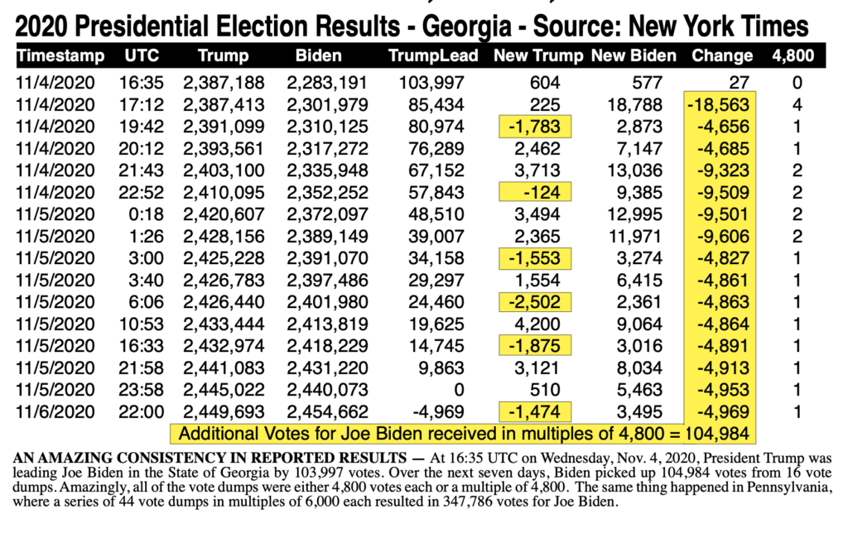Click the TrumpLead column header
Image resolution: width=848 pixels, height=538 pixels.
(432, 55)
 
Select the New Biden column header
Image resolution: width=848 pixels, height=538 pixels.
(634, 55)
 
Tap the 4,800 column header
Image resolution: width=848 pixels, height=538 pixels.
(793, 55)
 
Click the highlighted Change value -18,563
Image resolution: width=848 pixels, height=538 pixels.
(718, 104)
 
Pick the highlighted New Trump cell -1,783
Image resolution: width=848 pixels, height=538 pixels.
(535, 127)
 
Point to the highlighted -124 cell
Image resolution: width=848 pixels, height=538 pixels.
(535, 192)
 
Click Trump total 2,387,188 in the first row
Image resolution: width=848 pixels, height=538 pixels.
(224, 83)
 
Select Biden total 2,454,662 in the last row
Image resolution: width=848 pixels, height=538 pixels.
(327, 411)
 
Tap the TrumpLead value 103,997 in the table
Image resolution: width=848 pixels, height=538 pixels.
(431, 83)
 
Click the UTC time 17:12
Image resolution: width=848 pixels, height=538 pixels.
(141, 104)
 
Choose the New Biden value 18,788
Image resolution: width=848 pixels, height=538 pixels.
(634, 104)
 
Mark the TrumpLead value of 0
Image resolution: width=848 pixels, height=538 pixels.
(459, 390)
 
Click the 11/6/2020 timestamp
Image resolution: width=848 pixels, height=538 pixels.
(55, 411)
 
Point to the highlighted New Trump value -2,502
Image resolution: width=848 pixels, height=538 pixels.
(535, 302)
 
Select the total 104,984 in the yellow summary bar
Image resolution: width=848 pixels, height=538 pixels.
(716, 434)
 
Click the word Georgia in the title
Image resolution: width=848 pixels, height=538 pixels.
(467, 27)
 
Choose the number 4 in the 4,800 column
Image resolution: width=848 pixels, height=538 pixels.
(797, 104)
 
